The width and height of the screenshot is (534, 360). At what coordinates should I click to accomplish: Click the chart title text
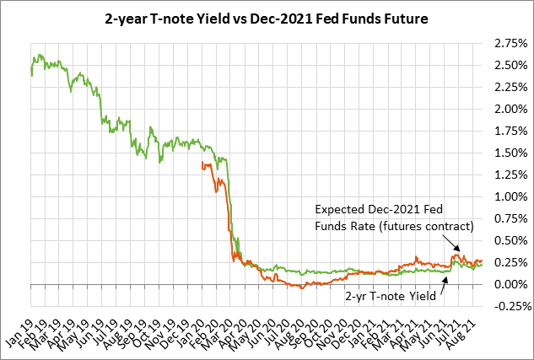tap(266, 18)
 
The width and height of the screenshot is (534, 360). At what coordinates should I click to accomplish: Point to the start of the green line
tap(31, 75)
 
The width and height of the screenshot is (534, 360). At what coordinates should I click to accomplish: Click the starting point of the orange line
tap(202, 164)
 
